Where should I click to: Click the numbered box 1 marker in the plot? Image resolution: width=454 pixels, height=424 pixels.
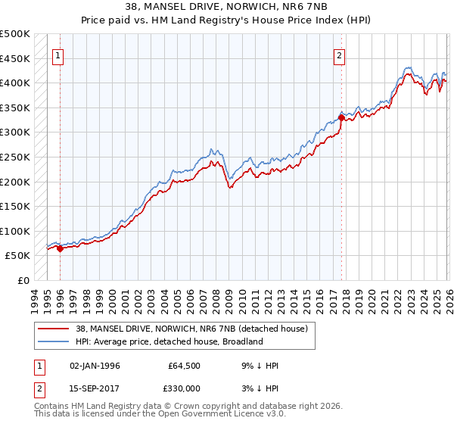pyautogui.click(x=59, y=55)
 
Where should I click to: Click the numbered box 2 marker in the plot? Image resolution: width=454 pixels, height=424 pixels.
pyautogui.click(x=340, y=55)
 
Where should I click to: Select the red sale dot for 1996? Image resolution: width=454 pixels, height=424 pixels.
pyautogui.click(x=60, y=248)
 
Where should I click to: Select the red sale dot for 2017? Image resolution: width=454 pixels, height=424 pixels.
pyautogui.click(x=341, y=117)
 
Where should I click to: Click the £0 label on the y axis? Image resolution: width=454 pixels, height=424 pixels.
pyautogui.click(x=23, y=280)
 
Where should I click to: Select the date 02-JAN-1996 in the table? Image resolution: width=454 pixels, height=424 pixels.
pyautogui.click(x=95, y=366)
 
